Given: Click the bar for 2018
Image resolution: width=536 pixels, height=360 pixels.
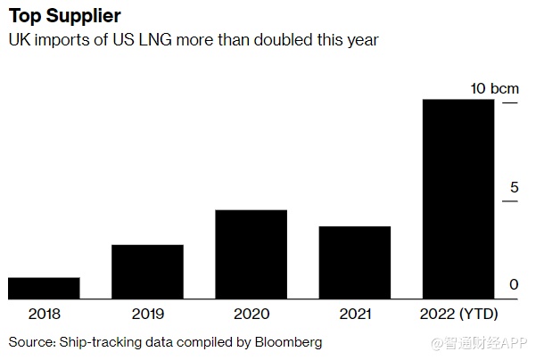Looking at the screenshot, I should tap(44, 288).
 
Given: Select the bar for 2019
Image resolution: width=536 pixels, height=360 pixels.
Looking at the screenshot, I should tap(147, 272).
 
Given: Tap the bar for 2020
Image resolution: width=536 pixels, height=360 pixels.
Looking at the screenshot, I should tap(252, 254).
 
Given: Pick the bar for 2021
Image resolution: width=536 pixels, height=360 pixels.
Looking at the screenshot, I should tap(355, 263).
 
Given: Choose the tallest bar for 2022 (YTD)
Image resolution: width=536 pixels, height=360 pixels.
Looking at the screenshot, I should tap(458, 199).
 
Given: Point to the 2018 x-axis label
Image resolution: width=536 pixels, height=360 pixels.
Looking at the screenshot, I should tap(44, 314).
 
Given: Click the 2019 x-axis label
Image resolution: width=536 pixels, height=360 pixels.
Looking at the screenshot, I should tap(147, 314).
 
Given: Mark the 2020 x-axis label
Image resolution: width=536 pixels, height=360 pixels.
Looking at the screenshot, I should tap(252, 314).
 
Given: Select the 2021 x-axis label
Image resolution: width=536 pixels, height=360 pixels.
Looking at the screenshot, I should tap(355, 314).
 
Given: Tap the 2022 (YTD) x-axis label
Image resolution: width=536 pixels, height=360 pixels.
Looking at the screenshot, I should tap(458, 314).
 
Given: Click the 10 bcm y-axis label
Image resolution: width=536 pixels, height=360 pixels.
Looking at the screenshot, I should tap(494, 88).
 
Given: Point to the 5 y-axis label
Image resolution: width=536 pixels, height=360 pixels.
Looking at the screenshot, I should tap(514, 187).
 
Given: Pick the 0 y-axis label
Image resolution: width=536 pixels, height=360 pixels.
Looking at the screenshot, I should tap(514, 285).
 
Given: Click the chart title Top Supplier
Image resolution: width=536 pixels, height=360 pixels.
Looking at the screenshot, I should tap(65, 17).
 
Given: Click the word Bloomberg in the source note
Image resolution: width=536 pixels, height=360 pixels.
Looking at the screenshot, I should tap(288, 342).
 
